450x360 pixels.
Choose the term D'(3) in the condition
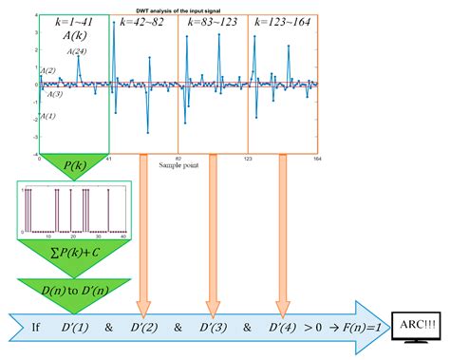click(213, 327)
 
